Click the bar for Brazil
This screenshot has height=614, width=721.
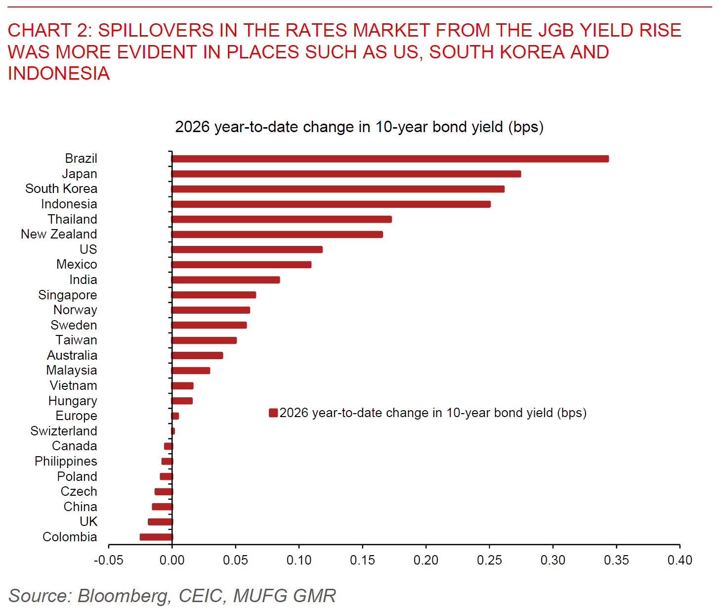[390, 159]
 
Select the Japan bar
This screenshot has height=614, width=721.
[346, 174]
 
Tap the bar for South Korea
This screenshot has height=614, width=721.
[338, 189]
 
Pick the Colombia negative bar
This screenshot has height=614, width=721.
[156, 537]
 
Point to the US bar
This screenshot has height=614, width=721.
[247, 249]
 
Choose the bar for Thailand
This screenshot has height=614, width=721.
[282, 219]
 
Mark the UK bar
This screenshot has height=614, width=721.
[160, 521]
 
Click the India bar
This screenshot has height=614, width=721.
[226, 280]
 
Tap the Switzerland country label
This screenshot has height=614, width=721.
[64, 431]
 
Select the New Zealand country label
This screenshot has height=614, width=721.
[59, 234]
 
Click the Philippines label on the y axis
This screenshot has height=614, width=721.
[66, 461]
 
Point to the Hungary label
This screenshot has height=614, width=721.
[73, 401]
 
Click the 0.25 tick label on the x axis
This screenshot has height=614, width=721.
[489, 560]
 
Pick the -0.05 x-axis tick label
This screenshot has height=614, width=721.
[108, 560]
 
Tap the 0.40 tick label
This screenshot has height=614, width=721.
[679, 560]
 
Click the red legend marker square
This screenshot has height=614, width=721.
[273, 413]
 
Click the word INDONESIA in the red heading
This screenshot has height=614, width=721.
[59, 73]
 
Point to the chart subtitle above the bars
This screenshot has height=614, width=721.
[359, 127]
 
